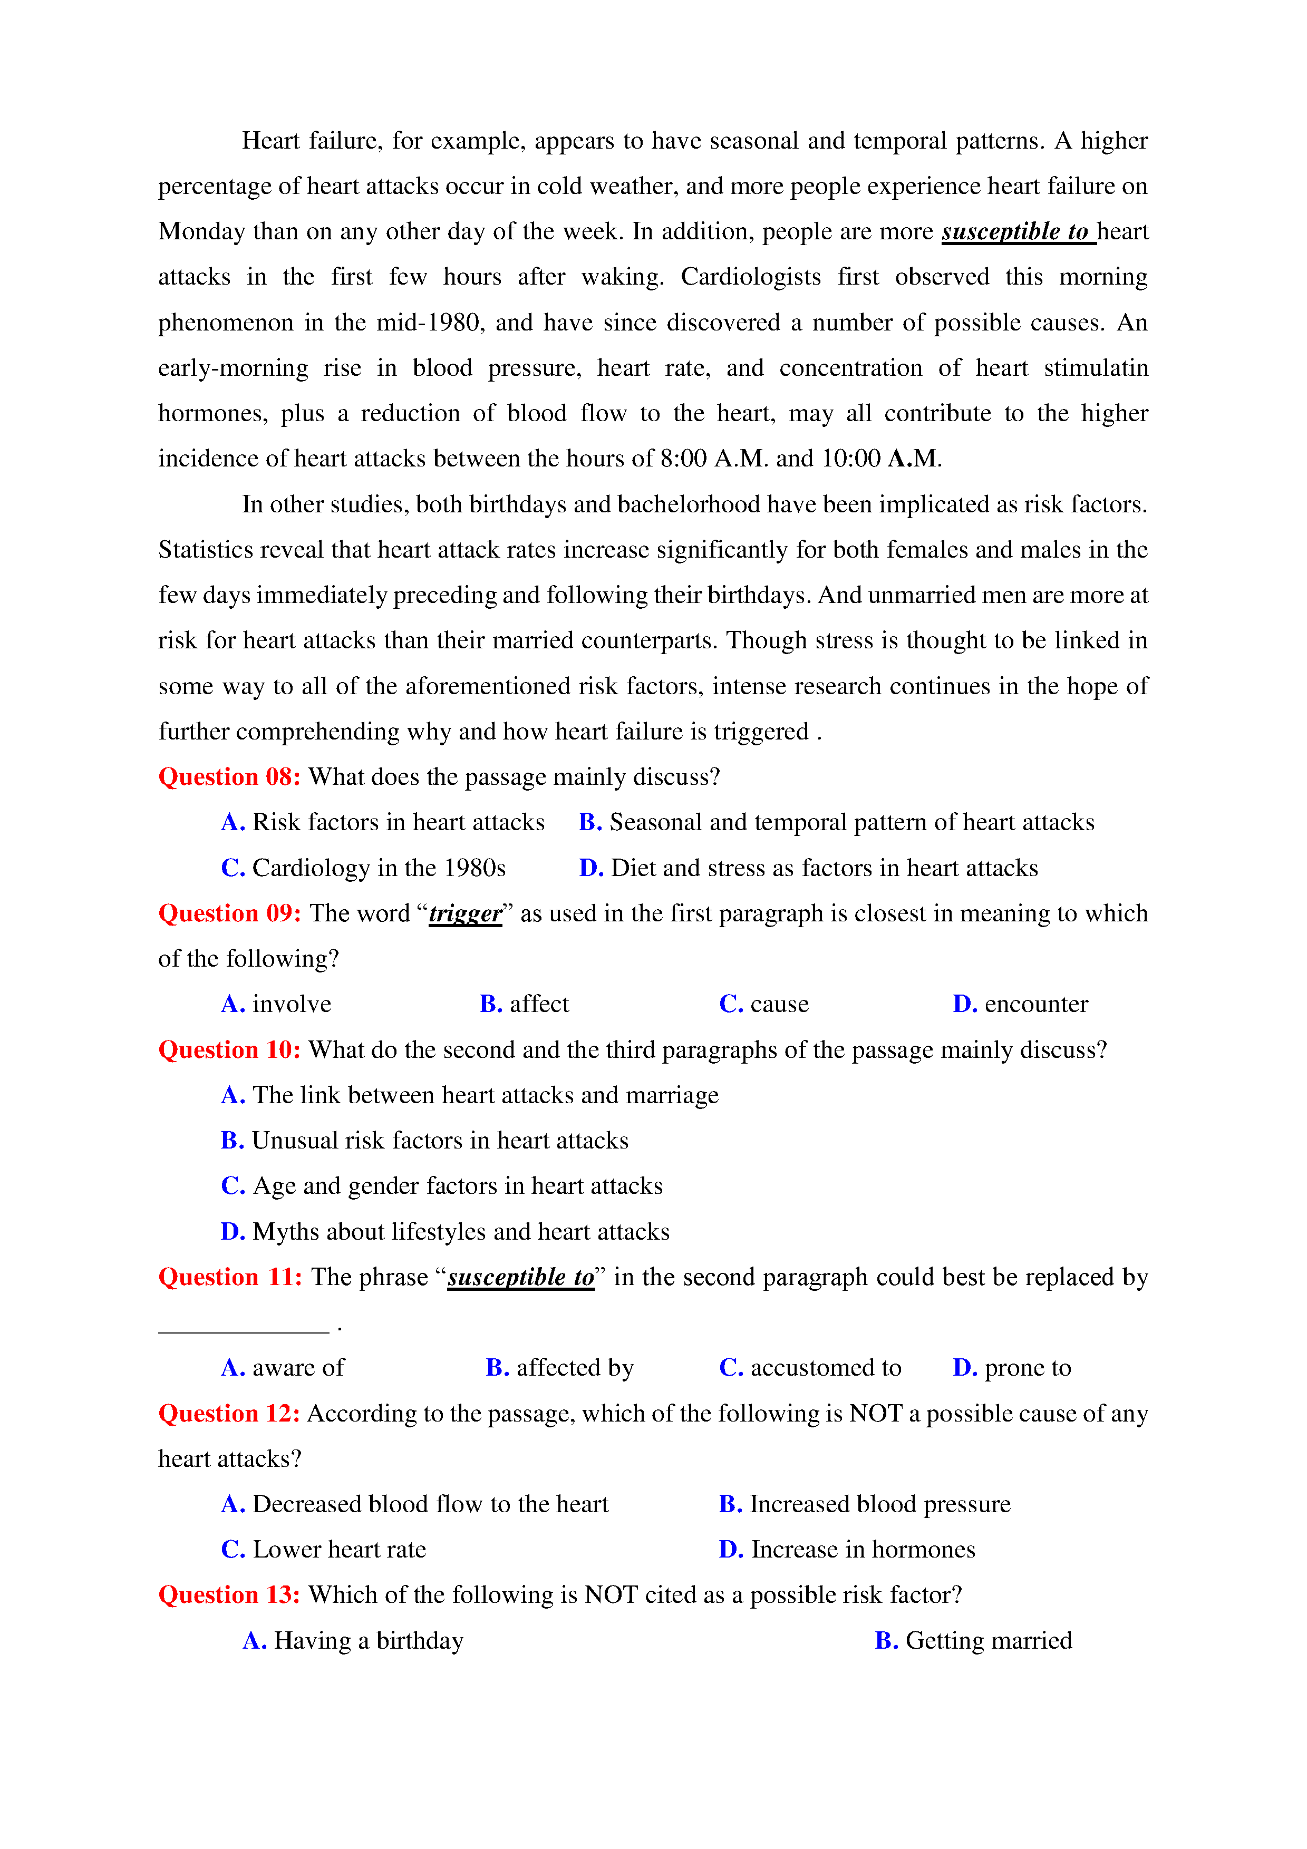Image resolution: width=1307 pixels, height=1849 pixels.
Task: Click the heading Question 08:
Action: click(229, 777)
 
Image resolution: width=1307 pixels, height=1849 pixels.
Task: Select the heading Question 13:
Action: click(229, 1595)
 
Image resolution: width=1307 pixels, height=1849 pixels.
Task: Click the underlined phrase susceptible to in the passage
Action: click(1016, 232)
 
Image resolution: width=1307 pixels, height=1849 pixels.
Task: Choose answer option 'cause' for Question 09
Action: click(779, 1004)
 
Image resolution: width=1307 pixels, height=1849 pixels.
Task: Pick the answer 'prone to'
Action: click(1027, 1368)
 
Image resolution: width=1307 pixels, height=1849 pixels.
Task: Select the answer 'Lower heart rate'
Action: click(338, 1550)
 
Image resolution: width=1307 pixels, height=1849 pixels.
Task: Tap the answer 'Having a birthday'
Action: click(368, 1641)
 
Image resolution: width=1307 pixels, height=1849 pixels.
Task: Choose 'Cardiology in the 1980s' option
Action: click(379, 868)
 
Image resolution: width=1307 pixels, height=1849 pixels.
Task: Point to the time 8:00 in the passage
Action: click(683, 459)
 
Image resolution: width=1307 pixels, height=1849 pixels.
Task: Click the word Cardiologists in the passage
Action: click(750, 277)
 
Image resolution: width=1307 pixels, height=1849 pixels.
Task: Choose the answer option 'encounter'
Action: click(1035, 1004)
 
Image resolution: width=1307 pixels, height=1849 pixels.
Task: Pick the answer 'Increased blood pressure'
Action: click(879, 1504)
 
